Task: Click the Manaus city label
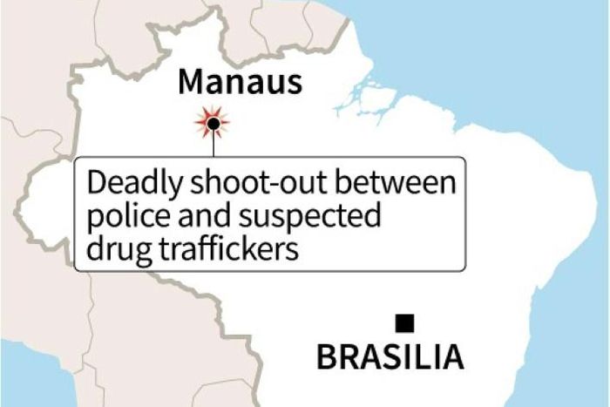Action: (240, 83)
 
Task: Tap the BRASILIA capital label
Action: (389, 356)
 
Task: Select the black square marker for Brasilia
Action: (404, 323)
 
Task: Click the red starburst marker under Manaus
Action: (212, 124)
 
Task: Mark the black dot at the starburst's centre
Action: (212, 125)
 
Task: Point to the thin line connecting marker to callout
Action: (212, 146)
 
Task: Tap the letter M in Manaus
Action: (193, 83)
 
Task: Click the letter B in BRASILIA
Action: (325, 356)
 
